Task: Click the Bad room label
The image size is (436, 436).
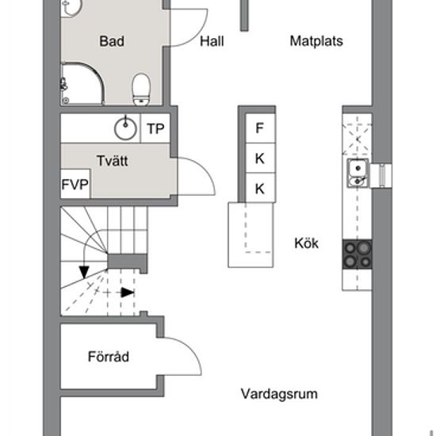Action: coord(112,41)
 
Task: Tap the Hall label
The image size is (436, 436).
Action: coord(212,41)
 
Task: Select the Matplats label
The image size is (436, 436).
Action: coord(316,41)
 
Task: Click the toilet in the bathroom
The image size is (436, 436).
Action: coord(141,90)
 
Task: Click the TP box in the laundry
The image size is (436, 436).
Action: coord(155,128)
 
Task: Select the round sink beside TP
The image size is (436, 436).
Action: coord(125,128)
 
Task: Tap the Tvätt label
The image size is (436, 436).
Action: coord(113,161)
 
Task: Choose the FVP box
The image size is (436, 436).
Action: coord(75,184)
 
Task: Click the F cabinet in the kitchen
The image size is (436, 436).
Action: coord(260,128)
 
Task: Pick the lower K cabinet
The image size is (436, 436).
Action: coord(260,188)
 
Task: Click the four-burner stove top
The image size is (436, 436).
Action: coord(358,254)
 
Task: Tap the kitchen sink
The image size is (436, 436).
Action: coord(358,174)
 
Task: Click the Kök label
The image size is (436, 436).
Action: coord(307,243)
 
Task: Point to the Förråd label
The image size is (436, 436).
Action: coord(109,357)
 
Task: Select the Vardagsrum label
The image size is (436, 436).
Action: coord(279,394)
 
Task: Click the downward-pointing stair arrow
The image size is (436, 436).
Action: coord(84,272)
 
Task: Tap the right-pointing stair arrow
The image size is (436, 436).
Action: coord(128,293)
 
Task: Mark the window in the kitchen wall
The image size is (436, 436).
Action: coord(382,175)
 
